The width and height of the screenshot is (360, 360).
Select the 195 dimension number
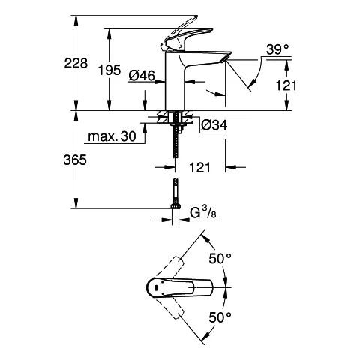coord(109,70)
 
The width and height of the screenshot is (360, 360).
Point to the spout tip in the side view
coord(222,61)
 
